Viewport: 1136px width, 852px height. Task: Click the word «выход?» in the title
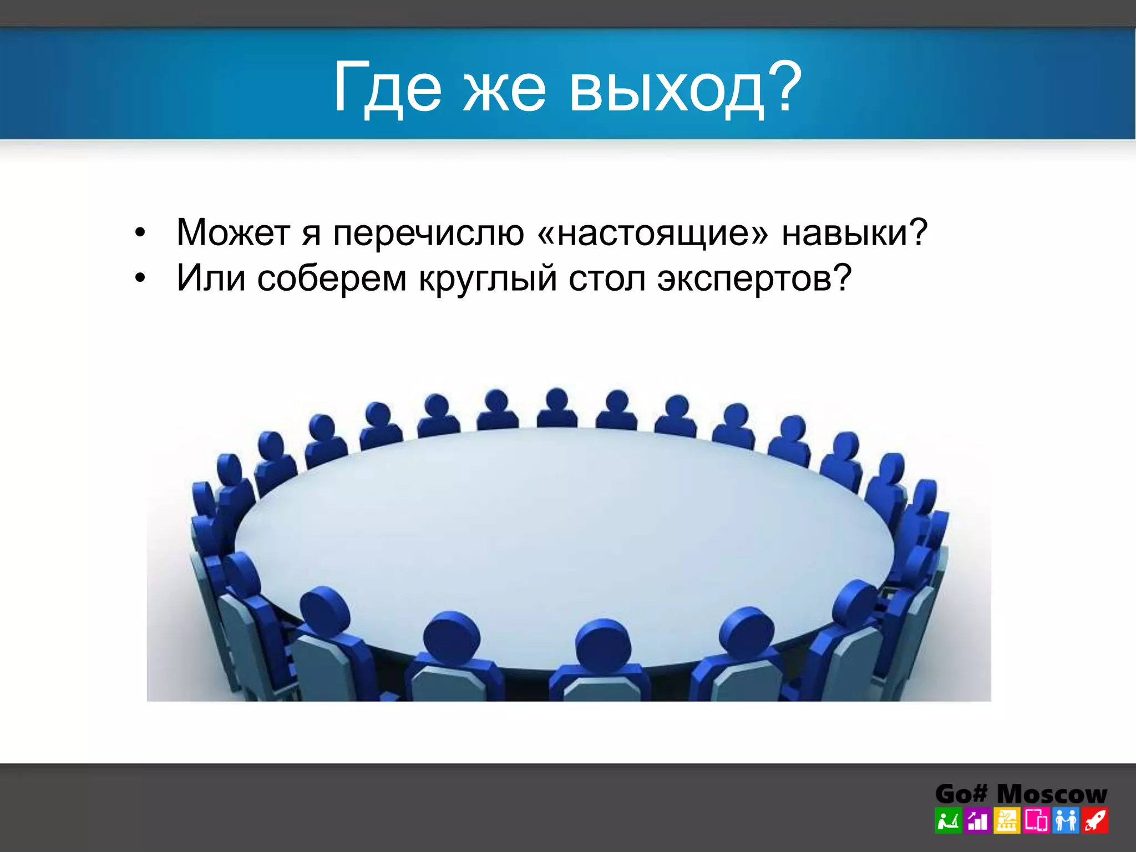point(686,89)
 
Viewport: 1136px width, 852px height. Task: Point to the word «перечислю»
point(428,233)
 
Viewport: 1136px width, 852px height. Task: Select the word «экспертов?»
point(754,278)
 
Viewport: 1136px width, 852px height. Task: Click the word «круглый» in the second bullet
point(488,278)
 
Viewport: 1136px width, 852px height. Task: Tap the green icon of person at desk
point(948,821)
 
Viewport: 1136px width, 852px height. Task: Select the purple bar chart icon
point(977,821)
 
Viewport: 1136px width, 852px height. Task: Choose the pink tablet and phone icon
point(1036,821)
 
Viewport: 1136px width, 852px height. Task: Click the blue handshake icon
point(1066,821)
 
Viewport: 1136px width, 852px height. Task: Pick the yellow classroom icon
point(1007,821)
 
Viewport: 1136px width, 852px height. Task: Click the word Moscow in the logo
point(1052,794)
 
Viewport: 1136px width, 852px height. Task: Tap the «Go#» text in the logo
point(961,794)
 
